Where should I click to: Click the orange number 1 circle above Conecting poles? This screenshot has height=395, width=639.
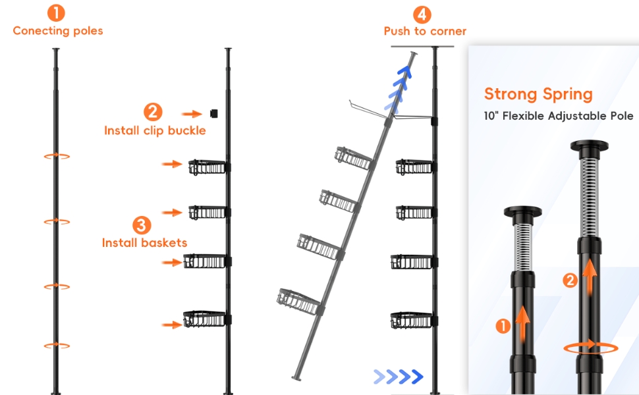56,13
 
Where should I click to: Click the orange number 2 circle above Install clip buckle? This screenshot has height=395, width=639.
153,111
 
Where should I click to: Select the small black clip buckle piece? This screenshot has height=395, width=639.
213,114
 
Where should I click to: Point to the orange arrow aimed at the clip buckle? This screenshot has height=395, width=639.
192,114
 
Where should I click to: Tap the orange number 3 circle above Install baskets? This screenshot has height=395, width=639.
142,224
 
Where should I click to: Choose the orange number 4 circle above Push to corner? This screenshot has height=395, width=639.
422,14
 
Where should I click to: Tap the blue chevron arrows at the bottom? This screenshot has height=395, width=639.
399,377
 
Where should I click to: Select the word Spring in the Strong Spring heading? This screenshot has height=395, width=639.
567,95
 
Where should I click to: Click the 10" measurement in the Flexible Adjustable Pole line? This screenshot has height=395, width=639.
491,116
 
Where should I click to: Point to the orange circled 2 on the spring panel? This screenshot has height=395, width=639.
570,280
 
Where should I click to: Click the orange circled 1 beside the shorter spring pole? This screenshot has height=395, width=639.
503,326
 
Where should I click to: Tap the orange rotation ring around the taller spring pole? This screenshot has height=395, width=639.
591,348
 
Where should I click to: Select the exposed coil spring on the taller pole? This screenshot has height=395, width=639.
589,197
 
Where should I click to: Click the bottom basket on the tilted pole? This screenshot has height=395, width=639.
299,301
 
